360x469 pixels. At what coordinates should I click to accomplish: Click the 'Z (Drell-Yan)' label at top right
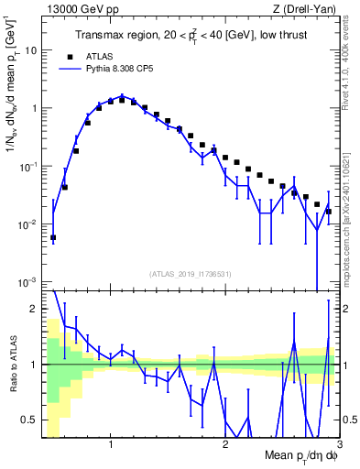tap(309, 8)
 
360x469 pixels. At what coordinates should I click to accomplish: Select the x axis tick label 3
tap(338, 444)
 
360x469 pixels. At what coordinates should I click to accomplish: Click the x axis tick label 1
tap(111, 444)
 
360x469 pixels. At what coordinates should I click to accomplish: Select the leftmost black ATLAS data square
tap(53, 237)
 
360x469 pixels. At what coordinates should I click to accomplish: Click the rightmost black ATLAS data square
tap(329, 212)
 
